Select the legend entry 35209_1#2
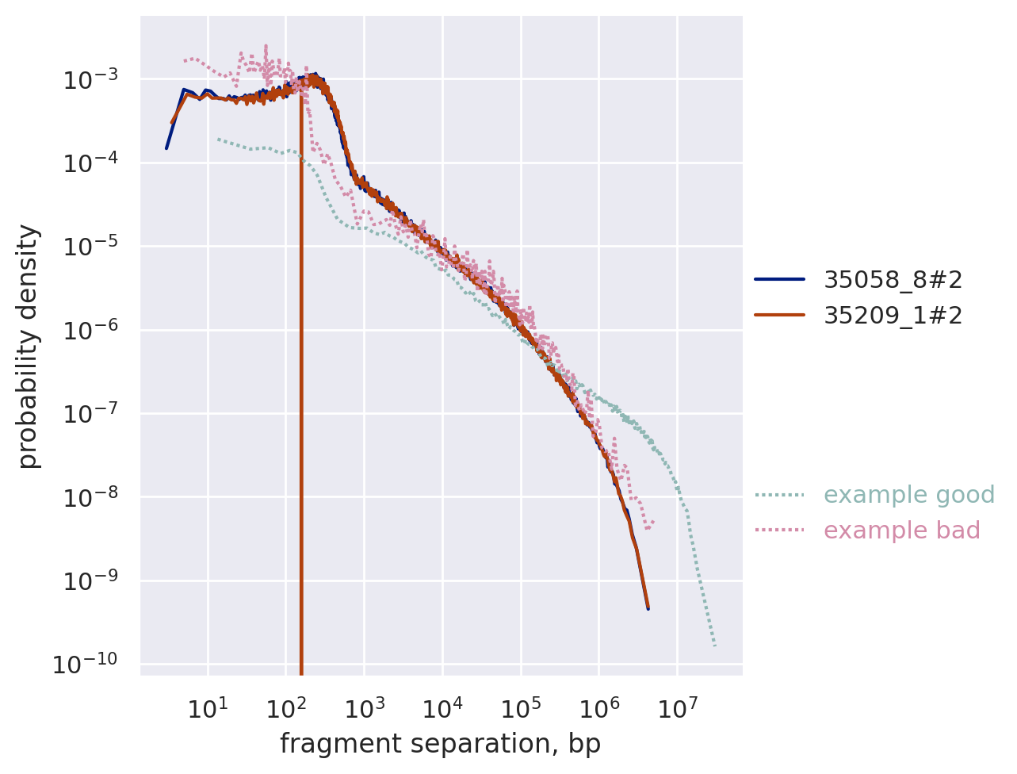tap(893, 316)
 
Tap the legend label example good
tap(908, 495)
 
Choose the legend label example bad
tap(901, 531)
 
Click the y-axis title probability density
tap(29, 346)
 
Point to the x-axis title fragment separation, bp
tap(440, 744)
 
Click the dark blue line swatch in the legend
tap(779, 279)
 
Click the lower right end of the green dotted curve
tap(715, 646)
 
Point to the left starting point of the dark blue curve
tap(166, 148)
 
